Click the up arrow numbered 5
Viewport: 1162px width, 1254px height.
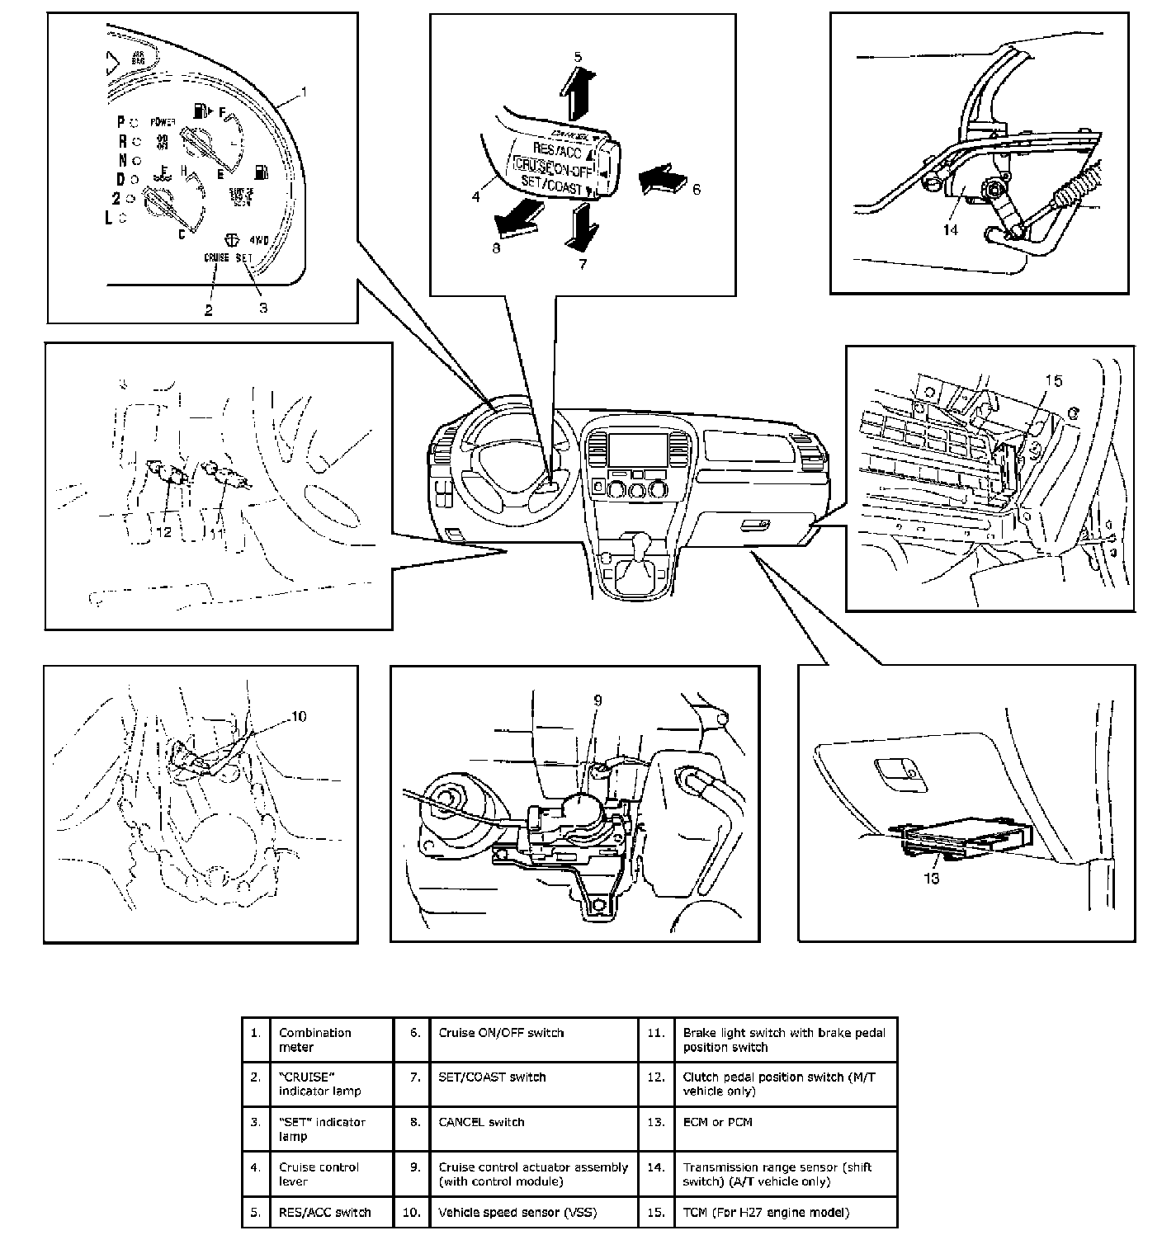point(579,94)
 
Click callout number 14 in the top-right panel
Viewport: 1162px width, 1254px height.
point(951,229)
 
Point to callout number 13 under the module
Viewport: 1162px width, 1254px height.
point(931,879)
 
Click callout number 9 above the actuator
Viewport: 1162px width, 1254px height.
point(598,700)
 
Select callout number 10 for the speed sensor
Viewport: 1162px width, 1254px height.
point(298,716)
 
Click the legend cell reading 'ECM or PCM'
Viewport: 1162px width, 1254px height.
point(717,1122)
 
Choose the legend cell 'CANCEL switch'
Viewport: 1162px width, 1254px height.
point(481,1122)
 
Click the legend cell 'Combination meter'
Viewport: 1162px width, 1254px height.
point(314,1039)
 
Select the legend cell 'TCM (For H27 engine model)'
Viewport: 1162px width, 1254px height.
point(765,1212)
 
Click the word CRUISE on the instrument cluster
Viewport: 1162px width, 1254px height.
point(217,257)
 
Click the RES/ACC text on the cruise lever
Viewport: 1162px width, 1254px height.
point(558,152)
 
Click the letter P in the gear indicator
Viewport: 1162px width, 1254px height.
point(120,121)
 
